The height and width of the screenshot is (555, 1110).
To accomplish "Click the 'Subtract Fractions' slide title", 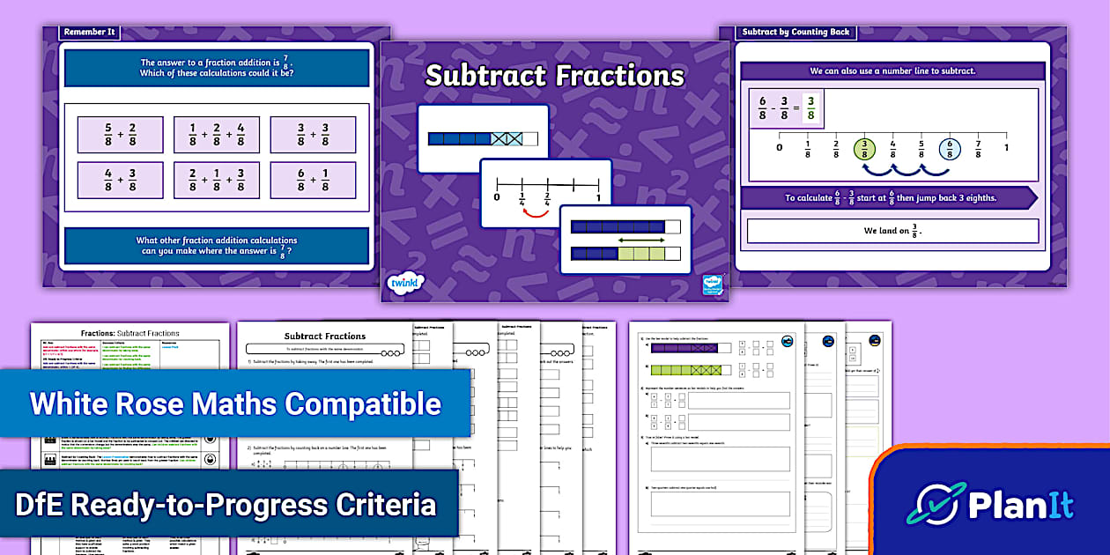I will tap(554, 76).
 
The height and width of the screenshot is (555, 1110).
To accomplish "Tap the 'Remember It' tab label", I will tap(88, 33).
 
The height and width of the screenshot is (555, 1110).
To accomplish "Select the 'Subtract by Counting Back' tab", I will tap(795, 33).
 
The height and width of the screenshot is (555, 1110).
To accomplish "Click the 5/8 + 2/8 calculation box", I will tap(120, 135).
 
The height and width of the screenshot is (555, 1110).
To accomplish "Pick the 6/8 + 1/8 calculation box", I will tap(313, 180).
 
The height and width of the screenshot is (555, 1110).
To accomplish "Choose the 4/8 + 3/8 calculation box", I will tap(120, 180).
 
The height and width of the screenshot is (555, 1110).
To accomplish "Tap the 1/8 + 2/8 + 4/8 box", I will tap(216, 135).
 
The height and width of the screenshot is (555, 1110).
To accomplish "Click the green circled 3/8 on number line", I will tap(866, 149).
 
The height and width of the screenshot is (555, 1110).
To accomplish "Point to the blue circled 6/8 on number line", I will tap(950, 149).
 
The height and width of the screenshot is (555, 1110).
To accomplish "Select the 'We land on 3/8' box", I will tap(892, 231).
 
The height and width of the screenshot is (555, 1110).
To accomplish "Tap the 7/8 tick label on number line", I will tap(978, 149).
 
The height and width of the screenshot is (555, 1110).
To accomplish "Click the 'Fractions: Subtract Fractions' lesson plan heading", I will tap(129, 333).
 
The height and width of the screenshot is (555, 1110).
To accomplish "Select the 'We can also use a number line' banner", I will tap(892, 70).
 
